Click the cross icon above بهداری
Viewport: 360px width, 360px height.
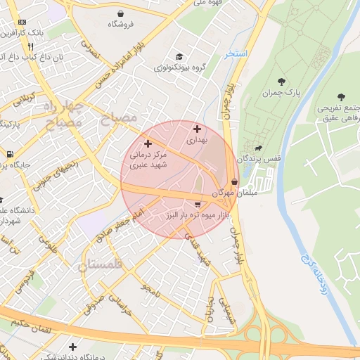[x=197, y=129]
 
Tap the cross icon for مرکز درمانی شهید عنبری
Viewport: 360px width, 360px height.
[x=147, y=143]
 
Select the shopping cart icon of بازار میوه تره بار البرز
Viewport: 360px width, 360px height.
[x=188, y=203]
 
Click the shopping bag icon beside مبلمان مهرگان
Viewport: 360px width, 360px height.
[x=233, y=181]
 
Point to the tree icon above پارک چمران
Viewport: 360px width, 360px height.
[x=282, y=82]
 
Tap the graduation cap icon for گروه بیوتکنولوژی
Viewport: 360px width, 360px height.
[x=179, y=57]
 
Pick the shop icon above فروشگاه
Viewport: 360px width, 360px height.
[x=121, y=13]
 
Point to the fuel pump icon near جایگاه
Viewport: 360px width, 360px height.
[x=9, y=154]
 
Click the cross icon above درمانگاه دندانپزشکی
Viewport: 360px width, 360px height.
[x=73, y=347]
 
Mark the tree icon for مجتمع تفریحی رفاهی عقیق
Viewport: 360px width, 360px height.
[x=342, y=97]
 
